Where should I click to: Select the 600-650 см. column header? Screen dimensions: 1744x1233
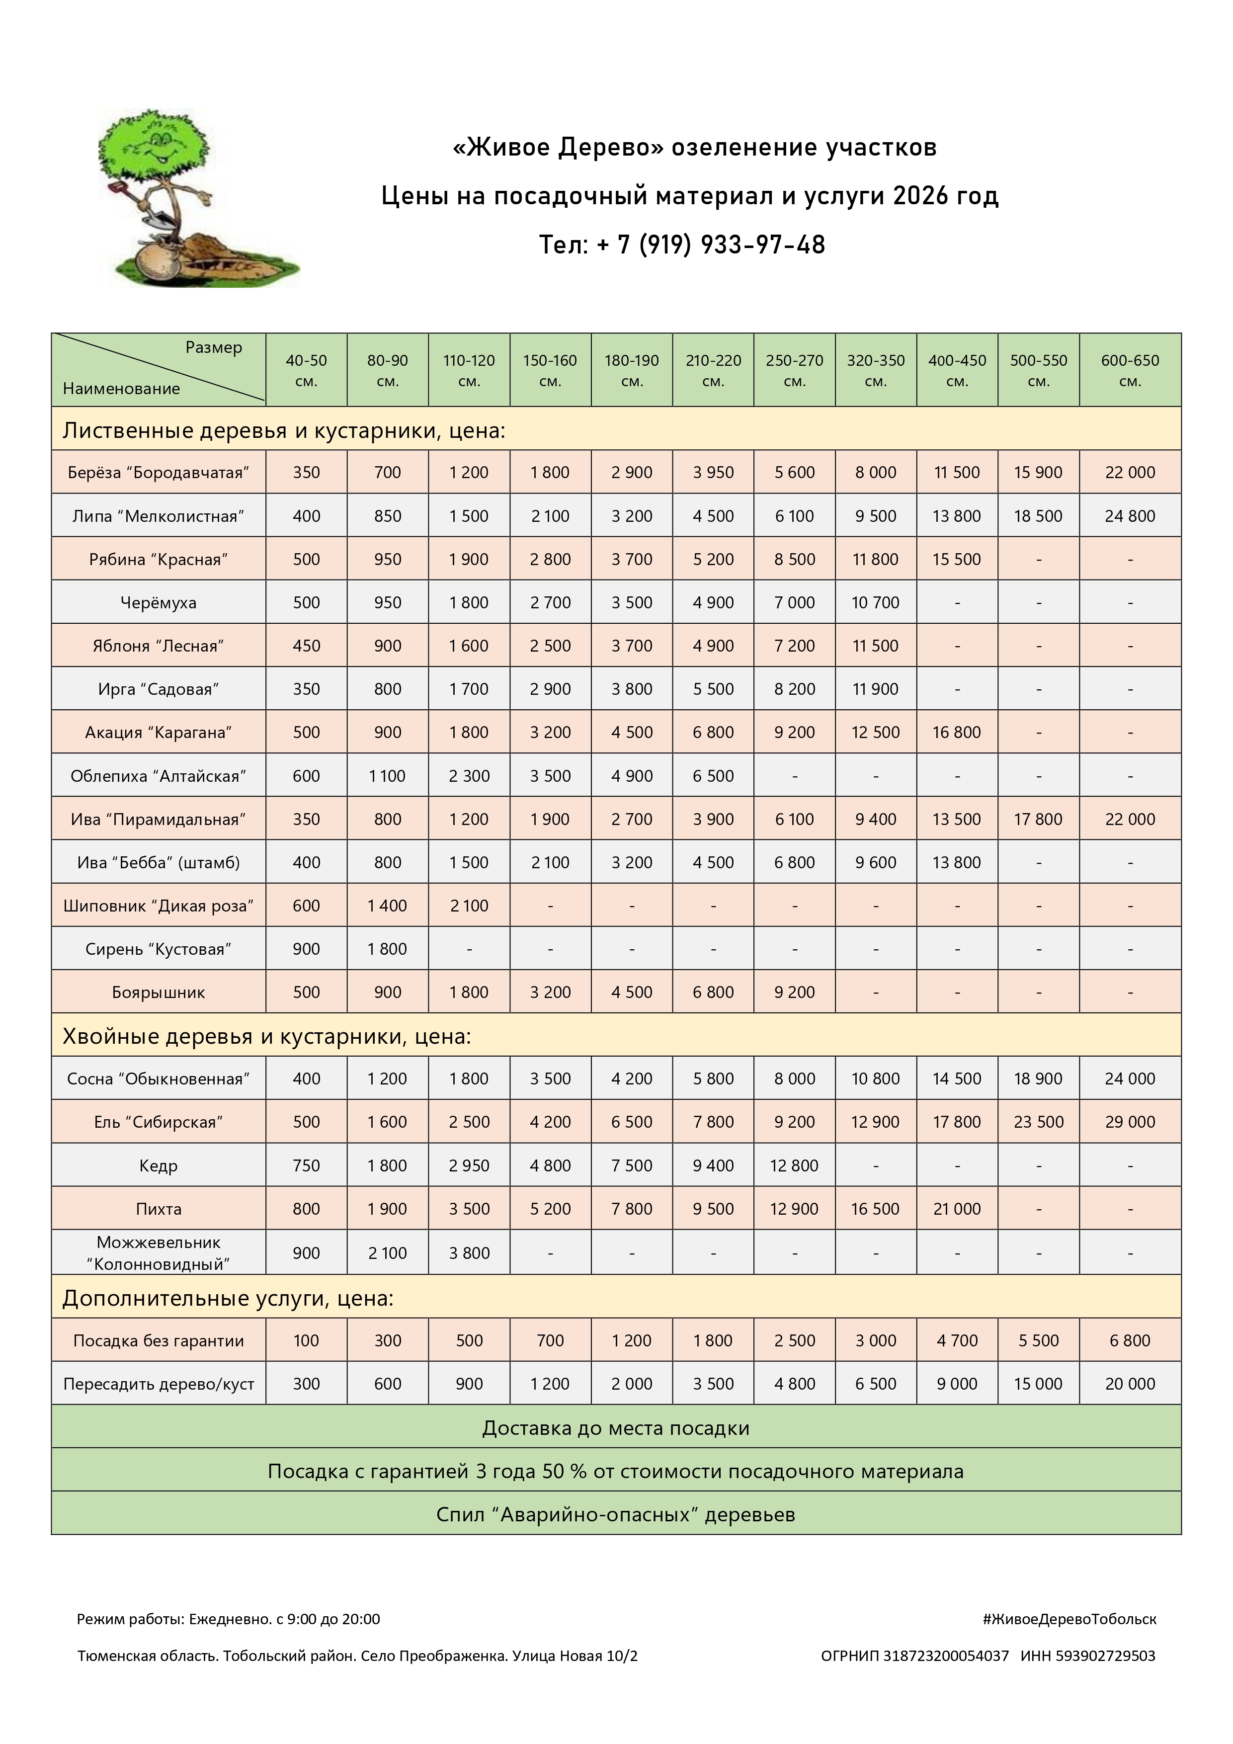click(x=1130, y=370)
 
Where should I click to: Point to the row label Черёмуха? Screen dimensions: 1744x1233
click(x=158, y=602)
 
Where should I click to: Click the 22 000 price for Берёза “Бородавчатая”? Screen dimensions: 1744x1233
click(x=1130, y=473)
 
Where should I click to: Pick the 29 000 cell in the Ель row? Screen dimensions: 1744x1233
click(x=1130, y=1122)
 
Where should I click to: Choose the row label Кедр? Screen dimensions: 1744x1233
click(x=158, y=1165)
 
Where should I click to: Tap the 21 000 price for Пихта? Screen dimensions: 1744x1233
click(x=957, y=1209)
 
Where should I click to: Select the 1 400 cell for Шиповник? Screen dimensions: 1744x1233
click(x=388, y=906)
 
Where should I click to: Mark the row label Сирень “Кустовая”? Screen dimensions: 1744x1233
click(x=158, y=949)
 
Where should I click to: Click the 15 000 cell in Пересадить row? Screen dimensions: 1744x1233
click(x=1038, y=1384)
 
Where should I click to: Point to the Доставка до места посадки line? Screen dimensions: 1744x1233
click(x=615, y=1428)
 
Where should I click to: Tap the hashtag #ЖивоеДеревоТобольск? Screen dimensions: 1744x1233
click(x=1069, y=1619)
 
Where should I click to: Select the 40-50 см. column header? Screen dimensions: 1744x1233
click(x=306, y=370)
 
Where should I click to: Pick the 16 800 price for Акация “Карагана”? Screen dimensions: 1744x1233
click(x=957, y=732)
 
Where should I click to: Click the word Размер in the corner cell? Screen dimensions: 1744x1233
click(x=214, y=347)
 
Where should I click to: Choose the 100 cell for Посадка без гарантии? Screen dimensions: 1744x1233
click(x=306, y=1340)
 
